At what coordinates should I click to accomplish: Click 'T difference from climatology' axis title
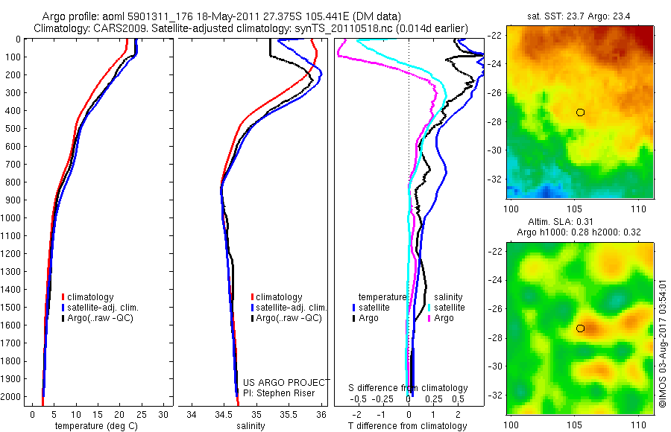click(408, 426)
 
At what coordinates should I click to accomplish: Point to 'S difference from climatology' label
click(408, 388)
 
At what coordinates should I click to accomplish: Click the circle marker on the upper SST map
click(580, 112)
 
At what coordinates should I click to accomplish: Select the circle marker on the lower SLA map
click(580, 328)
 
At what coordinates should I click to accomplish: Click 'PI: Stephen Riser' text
click(280, 393)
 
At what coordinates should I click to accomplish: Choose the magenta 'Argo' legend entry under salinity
click(444, 318)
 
